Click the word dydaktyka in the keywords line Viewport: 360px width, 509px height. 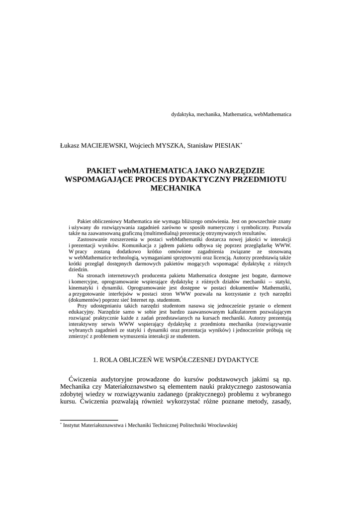[x=182, y=114]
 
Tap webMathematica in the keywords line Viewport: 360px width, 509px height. [x=272, y=114]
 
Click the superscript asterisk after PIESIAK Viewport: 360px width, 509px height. [x=241, y=144]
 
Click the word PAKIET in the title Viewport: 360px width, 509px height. [x=102, y=170]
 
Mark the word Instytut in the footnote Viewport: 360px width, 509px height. [x=72, y=425]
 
